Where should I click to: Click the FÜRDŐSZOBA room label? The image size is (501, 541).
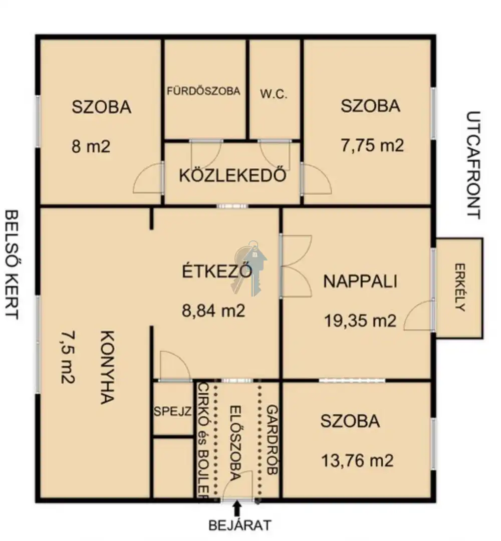pyautogui.click(x=203, y=91)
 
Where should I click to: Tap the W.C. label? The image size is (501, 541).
pyautogui.click(x=274, y=94)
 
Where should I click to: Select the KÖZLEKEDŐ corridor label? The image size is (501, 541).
pyautogui.click(x=232, y=176)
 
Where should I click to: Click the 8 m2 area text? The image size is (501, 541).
pyautogui.click(x=91, y=146)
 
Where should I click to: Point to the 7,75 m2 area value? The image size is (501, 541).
pyautogui.click(x=372, y=145)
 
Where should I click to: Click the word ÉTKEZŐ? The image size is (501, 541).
pyautogui.click(x=217, y=271)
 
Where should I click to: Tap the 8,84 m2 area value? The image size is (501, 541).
pyautogui.click(x=213, y=311)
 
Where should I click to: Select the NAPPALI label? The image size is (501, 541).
pyautogui.click(x=360, y=281)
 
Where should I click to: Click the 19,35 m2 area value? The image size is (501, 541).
pyautogui.click(x=360, y=321)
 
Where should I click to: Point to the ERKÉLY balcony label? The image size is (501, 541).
pyautogui.click(x=460, y=288)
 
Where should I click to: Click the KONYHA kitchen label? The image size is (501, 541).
pyautogui.click(x=107, y=367)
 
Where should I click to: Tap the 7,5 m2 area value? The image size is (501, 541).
pyautogui.click(x=68, y=358)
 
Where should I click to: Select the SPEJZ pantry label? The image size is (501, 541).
pyautogui.click(x=172, y=411)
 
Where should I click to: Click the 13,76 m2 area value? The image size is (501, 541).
pyautogui.click(x=357, y=461)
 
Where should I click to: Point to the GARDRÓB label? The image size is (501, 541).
pyautogui.click(x=272, y=440)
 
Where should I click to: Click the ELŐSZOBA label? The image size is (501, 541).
pyautogui.click(x=235, y=443)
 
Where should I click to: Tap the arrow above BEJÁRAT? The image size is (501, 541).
pyautogui.click(x=236, y=508)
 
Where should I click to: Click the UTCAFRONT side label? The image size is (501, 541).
pyautogui.click(x=473, y=165)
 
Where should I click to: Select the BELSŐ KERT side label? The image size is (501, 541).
pyautogui.click(x=12, y=265)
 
